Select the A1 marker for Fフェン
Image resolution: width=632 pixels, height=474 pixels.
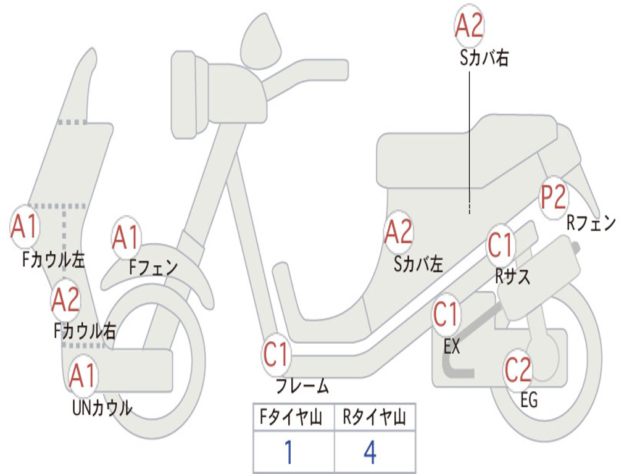click(x=126, y=237)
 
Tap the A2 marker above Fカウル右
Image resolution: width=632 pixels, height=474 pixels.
click(x=66, y=300)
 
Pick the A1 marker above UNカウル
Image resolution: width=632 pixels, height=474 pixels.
click(x=83, y=375)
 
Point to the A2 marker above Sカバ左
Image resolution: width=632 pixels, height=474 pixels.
click(x=399, y=232)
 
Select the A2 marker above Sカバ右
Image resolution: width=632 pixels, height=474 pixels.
click(x=469, y=25)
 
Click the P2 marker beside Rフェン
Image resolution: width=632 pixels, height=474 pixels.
click(x=554, y=197)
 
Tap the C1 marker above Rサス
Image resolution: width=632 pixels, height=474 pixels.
click(x=500, y=244)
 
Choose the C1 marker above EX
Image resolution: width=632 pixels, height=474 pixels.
click(x=446, y=314)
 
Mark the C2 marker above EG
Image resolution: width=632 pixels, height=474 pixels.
click(x=518, y=370)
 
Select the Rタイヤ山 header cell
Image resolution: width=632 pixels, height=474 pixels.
click(x=375, y=417)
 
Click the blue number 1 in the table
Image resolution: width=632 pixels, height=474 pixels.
click(x=288, y=452)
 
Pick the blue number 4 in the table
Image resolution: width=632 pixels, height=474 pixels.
click(x=370, y=452)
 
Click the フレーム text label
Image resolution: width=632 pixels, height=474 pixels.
click(x=302, y=386)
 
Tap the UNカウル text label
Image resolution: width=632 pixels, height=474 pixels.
click(x=102, y=408)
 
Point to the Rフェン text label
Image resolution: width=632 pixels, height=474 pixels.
click(x=591, y=223)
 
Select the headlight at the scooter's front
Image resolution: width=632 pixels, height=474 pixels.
click(x=189, y=94)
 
